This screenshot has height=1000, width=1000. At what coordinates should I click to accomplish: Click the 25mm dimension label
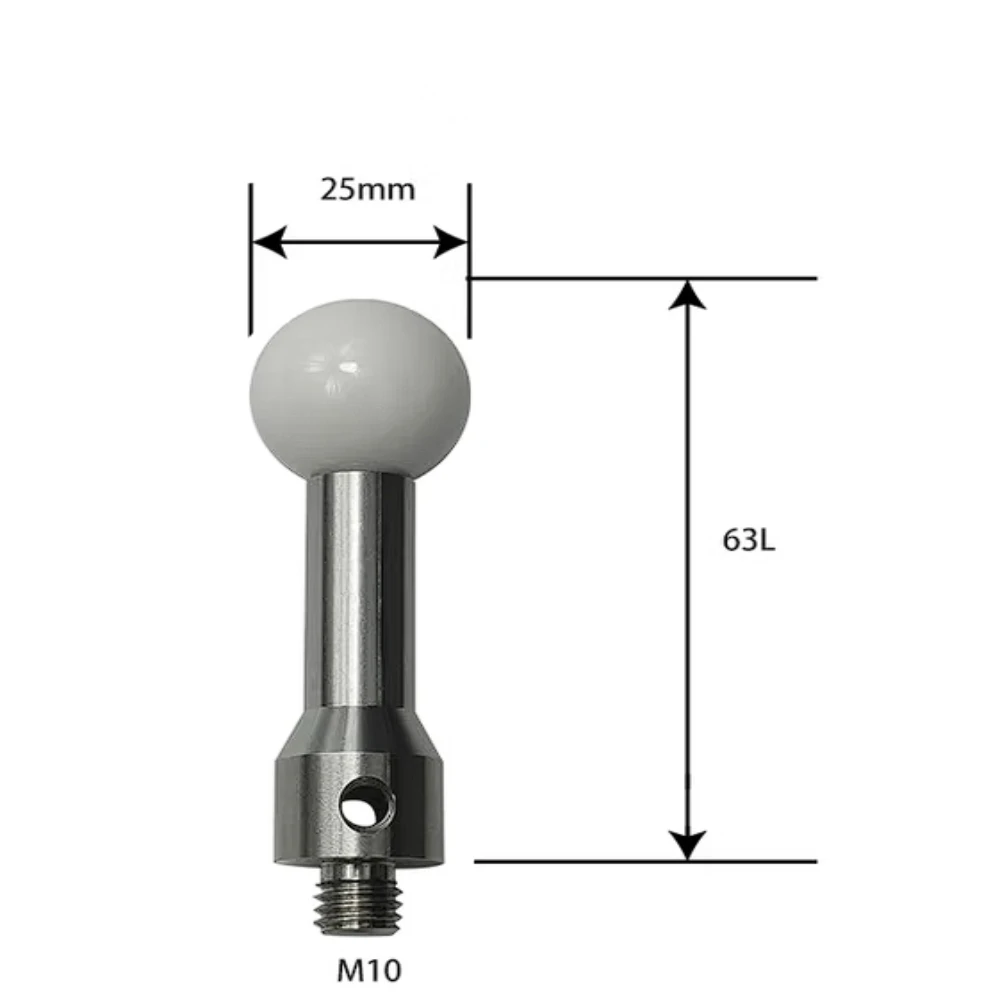coord(367,189)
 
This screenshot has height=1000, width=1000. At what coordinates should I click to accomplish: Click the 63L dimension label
coord(748,541)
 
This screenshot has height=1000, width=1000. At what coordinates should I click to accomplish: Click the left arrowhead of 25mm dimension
coord(268,242)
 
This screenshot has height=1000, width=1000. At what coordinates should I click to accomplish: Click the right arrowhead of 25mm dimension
coord(451,242)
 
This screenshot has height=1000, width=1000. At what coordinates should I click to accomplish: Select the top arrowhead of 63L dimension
coord(686,295)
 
